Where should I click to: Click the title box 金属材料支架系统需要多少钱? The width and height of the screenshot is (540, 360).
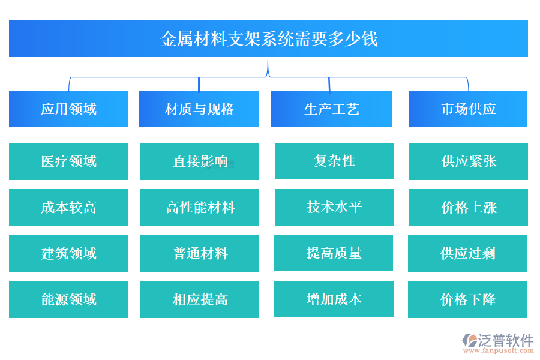268,39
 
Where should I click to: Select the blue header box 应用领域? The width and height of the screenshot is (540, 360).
68,109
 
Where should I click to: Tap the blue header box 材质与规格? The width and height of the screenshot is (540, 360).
199,109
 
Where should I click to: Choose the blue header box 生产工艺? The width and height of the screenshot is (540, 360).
332,109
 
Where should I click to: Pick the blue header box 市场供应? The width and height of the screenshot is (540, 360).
468,109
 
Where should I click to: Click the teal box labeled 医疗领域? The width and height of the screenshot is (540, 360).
68,161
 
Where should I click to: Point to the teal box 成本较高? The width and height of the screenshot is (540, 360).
68,208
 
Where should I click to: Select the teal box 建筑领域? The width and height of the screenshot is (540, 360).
68,253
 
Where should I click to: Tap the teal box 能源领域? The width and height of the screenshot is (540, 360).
68,299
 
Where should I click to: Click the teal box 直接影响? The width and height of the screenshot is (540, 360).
200,161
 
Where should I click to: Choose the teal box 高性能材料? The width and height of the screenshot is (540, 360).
200,208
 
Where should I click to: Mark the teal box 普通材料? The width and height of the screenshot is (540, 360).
200,253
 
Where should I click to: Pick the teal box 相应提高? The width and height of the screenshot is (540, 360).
200,299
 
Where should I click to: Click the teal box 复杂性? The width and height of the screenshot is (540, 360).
334,161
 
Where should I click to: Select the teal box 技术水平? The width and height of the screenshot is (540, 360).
334,207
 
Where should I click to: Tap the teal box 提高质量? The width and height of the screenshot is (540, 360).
334,253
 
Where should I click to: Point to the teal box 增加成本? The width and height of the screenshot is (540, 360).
334,299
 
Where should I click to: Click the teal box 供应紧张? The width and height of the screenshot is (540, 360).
469,161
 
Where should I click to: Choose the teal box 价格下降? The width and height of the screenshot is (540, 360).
467,299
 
